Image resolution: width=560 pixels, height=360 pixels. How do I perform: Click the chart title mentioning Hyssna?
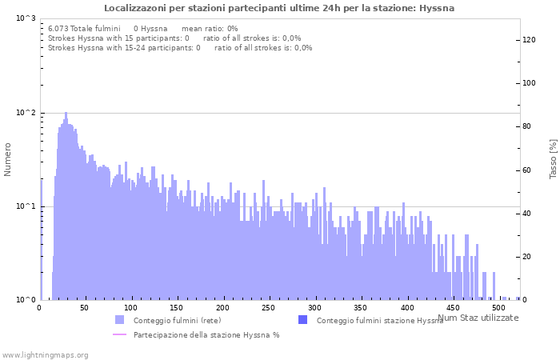pyautogui.click(x=279, y=8)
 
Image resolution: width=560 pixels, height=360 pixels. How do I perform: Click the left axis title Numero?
pyautogui.click(x=8, y=159)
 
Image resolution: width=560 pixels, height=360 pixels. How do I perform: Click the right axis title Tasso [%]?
pyautogui.click(x=553, y=158)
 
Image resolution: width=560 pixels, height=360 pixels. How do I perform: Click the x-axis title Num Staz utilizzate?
pyautogui.click(x=478, y=318)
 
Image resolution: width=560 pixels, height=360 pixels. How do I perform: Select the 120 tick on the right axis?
pyautogui.click(x=529, y=39)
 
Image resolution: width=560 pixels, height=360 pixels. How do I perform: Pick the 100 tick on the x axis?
pyautogui.click(x=131, y=308)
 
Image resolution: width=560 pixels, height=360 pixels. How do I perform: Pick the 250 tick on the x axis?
pyautogui.click(x=269, y=308)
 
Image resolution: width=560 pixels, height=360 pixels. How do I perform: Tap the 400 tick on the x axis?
pyautogui.click(x=406, y=308)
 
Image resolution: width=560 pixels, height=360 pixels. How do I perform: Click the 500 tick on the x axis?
pyautogui.click(x=498, y=308)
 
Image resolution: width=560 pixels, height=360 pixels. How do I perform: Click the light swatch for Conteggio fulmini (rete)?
pyautogui.click(x=119, y=320)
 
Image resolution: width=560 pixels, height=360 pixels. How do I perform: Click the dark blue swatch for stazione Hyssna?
pyautogui.click(x=302, y=320)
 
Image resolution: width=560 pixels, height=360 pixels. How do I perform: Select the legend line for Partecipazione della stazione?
pyautogui.click(x=119, y=334)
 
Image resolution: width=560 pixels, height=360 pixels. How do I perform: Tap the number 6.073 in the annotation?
pyautogui.click(x=59, y=28)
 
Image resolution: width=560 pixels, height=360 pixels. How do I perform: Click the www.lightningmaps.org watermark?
pyautogui.click(x=45, y=354)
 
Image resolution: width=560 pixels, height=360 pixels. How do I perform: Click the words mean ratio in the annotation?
pyautogui.click(x=204, y=28)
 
